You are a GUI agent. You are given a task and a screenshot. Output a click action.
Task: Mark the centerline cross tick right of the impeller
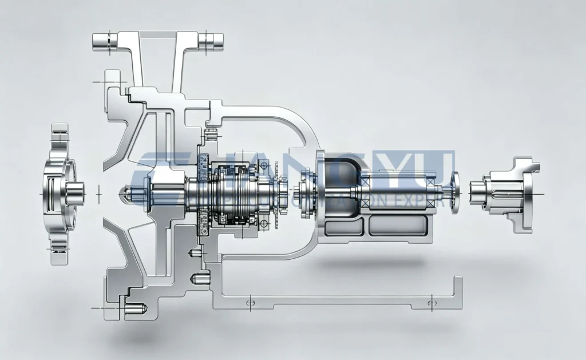coord(98,193)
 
